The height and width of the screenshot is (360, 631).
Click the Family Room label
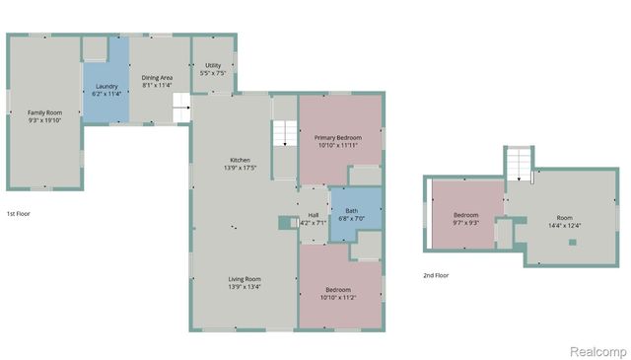[43, 112]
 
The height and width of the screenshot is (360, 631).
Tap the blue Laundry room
[105, 87]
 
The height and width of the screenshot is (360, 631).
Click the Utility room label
[213, 65]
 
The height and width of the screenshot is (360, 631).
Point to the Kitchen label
[240, 160]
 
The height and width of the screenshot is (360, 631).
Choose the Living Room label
[245, 279]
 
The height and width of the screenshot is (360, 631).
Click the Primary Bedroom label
[337, 137]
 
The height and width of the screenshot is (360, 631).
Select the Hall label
[313, 215]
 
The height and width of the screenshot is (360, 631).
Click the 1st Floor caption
[19, 213]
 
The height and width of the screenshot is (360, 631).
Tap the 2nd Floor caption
[435, 275]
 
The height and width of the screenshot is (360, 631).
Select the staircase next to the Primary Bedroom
[284, 133]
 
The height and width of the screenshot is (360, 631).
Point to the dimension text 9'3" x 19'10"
[43, 121]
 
